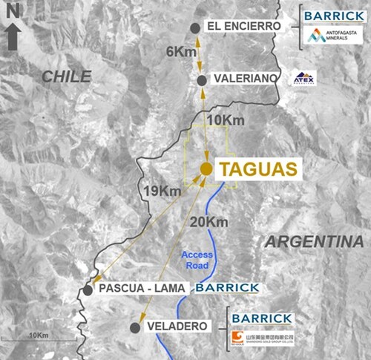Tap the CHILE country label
coord(66,76)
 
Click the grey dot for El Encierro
coord(195,27)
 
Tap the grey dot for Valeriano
coord(202,78)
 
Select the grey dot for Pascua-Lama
coord(88,289)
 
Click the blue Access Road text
coord(197,260)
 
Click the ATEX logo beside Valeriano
coord(304,78)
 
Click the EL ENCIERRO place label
coord(244,27)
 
